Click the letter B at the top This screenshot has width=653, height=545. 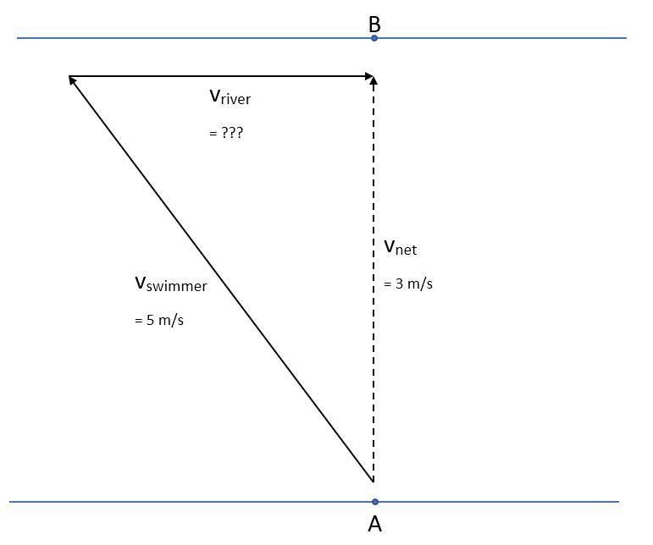click(374, 25)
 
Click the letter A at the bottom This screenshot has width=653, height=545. click(374, 525)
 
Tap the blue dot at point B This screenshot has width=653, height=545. click(374, 38)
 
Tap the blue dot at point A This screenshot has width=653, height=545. click(374, 502)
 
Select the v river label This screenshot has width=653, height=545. click(230, 97)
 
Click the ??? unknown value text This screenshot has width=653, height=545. click(226, 133)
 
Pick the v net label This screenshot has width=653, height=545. click(400, 248)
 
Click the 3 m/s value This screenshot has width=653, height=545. click(408, 284)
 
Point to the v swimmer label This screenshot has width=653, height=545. click(170, 284)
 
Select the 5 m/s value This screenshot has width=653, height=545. click(159, 321)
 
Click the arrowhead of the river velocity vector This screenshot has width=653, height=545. click(368, 76)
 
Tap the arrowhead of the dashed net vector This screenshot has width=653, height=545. click(374, 80)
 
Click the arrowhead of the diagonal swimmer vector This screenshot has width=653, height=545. click(74, 81)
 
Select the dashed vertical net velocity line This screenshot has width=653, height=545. click(374, 339)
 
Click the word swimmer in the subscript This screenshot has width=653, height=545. click(177, 287)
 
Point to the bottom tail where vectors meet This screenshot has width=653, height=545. click(374, 481)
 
